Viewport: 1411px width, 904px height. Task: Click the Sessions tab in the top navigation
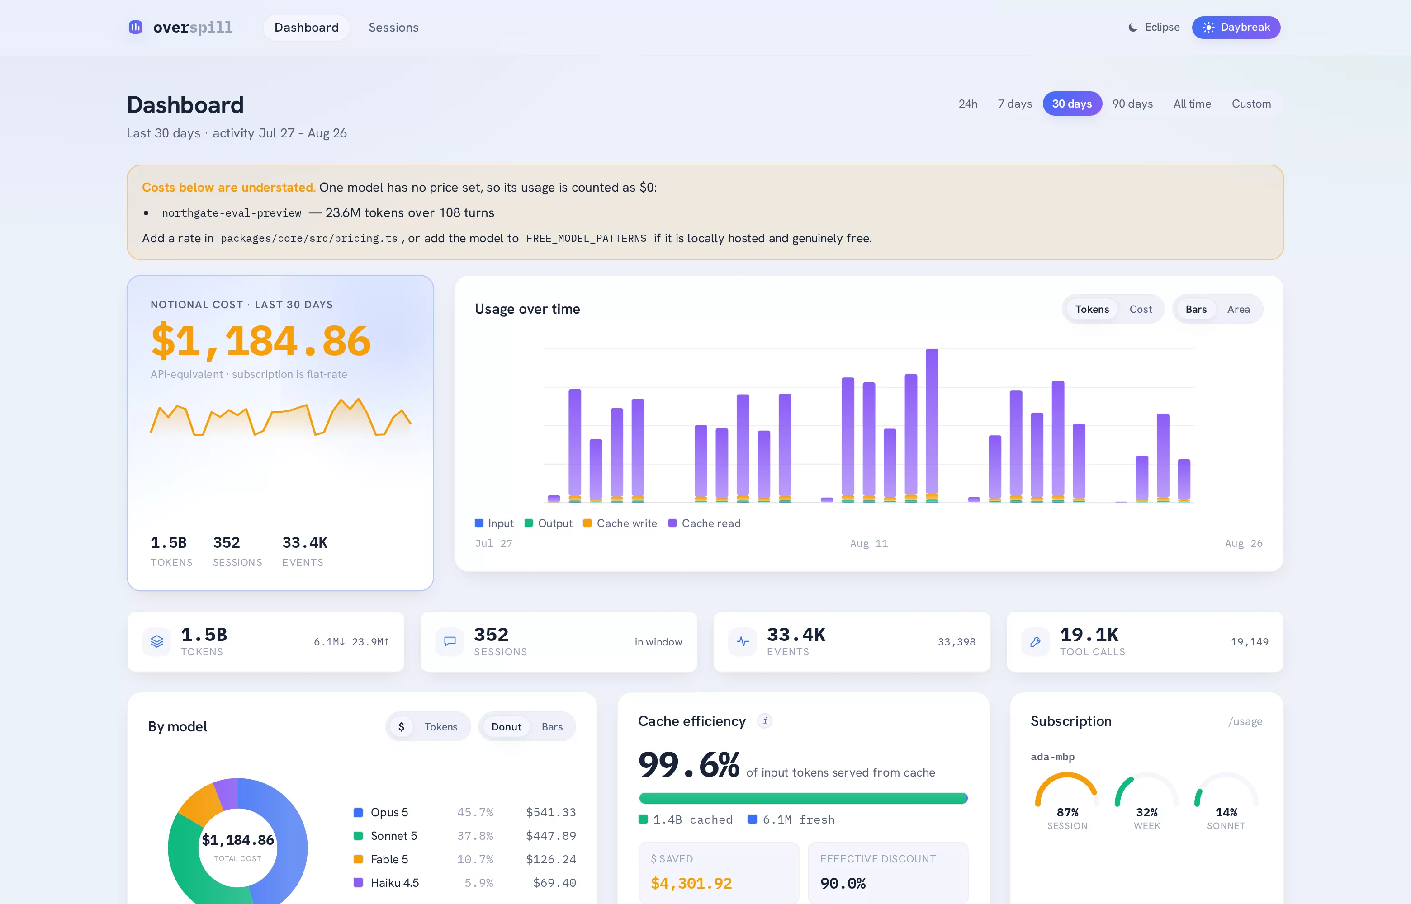coord(393,28)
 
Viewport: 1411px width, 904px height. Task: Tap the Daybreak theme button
coord(1236,28)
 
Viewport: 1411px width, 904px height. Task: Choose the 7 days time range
coord(1015,104)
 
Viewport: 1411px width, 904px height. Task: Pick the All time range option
coord(1192,104)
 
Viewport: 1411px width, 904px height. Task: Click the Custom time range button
coord(1251,104)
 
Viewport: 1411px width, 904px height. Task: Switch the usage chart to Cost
coord(1140,309)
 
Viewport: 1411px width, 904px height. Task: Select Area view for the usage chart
coord(1238,309)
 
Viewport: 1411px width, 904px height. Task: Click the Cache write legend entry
coord(620,523)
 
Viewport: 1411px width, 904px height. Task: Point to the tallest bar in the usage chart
coord(932,423)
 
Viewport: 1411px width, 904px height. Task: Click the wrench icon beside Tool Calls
coord(1035,641)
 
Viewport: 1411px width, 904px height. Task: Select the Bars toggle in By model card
coord(552,727)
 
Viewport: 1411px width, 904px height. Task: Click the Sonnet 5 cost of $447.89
coord(551,836)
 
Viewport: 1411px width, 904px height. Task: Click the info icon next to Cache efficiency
coord(764,721)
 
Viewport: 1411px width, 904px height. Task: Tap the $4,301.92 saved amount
coord(691,884)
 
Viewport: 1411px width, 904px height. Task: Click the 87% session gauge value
coord(1067,812)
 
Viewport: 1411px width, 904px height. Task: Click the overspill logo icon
coord(136,27)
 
